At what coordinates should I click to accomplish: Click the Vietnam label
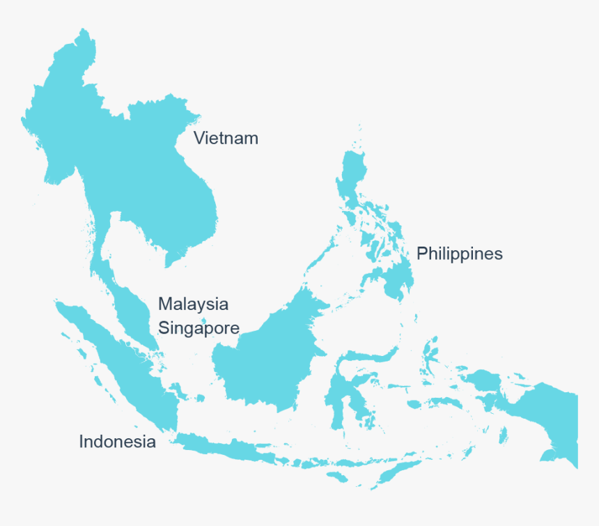[x=226, y=138]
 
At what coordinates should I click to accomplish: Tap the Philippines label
[x=459, y=254]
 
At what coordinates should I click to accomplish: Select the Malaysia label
[x=193, y=304]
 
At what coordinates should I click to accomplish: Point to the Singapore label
[x=199, y=327]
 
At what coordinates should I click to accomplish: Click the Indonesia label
[x=117, y=441]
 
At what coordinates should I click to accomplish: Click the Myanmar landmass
[x=59, y=118]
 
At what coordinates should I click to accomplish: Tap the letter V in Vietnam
[x=199, y=138]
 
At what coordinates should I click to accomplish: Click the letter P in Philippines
[x=421, y=254]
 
